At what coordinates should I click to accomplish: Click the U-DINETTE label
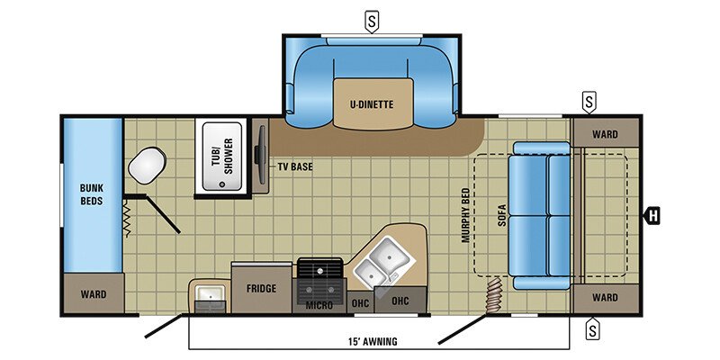point(372,103)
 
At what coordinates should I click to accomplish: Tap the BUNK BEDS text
point(91,194)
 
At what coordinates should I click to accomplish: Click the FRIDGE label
point(261,289)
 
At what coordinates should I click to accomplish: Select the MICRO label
point(319,306)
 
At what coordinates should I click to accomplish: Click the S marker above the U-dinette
point(371,20)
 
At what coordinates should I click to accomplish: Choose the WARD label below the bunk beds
point(93,294)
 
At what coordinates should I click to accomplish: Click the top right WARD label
point(605,134)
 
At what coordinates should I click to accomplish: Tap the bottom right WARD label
point(605,298)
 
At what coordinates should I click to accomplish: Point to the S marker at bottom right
point(592,329)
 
